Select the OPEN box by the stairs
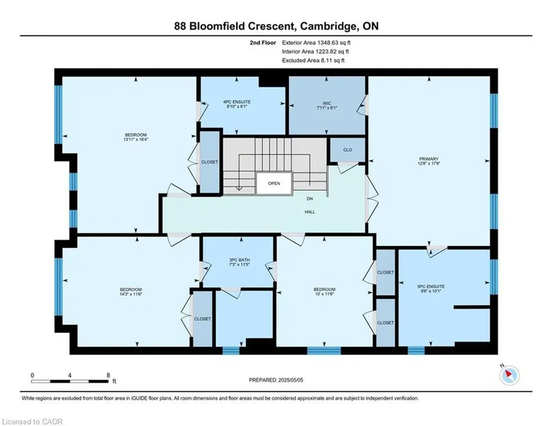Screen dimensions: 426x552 point(274,183)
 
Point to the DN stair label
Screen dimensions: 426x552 point(309,199)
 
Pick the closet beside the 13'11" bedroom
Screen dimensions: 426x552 point(209,162)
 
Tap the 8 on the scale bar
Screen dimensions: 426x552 point(108,375)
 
